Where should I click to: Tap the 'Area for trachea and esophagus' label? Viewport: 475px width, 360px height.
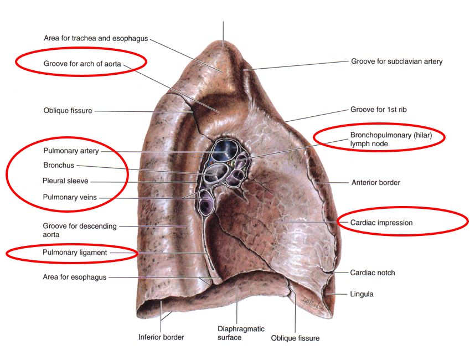tap(96, 38)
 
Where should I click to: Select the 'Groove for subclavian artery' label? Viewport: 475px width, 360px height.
tap(396, 61)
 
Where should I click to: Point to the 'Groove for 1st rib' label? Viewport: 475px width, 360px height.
tap(378, 110)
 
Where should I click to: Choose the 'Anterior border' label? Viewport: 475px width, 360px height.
tap(375, 182)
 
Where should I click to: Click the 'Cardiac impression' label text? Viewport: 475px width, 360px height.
tap(381, 223)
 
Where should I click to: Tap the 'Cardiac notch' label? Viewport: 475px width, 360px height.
tap(373, 272)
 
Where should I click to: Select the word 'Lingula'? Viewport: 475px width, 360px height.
tap(362, 294)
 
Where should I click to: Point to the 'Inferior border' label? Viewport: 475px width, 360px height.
tap(161, 337)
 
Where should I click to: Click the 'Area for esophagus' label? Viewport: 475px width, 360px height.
tap(74, 277)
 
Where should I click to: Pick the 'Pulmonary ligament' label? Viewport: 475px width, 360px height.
tap(75, 253)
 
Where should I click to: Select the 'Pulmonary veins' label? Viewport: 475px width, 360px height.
tap(69, 197)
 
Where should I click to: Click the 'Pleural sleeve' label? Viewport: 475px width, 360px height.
tap(65, 181)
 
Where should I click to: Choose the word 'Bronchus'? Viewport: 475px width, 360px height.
tap(58, 166)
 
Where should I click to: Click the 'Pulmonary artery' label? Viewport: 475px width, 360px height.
tap(71, 151)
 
